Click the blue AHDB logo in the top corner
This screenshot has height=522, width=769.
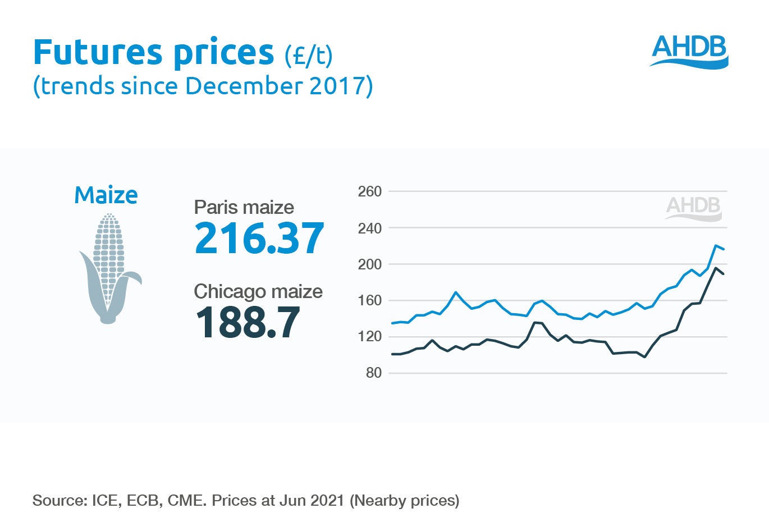pyautogui.click(x=689, y=51)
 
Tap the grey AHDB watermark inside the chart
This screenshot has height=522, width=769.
pyautogui.click(x=694, y=208)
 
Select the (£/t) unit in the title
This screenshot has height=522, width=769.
pyautogui.click(x=308, y=55)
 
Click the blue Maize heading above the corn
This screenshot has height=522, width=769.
pyautogui.click(x=106, y=195)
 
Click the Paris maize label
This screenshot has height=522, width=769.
pyautogui.click(x=244, y=207)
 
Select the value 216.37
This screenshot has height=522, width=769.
pyautogui.click(x=259, y=238)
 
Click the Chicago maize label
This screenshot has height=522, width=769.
pyautogui.click(x=258, y=291)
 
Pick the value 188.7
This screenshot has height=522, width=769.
pyautogui.click(x=248, y=323)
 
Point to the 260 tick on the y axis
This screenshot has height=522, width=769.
pyautogui.click(x=370, y=191)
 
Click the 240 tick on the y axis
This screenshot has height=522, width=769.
pyautogui.click(x=370, y=228)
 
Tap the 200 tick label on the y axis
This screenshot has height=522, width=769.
pyautogui.click(x=370, y=264)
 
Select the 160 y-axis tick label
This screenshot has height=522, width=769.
pyautogui.click(x=370, y=300)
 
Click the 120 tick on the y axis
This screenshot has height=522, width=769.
pyautogui.click(x=370, y=337)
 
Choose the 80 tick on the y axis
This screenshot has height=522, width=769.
pyautogui.click(x=374, y=373)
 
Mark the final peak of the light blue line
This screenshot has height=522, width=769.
pyautogui.click(x=716, y=245)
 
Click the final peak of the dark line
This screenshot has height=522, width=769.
pyautogui.click(x=716, y=268)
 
